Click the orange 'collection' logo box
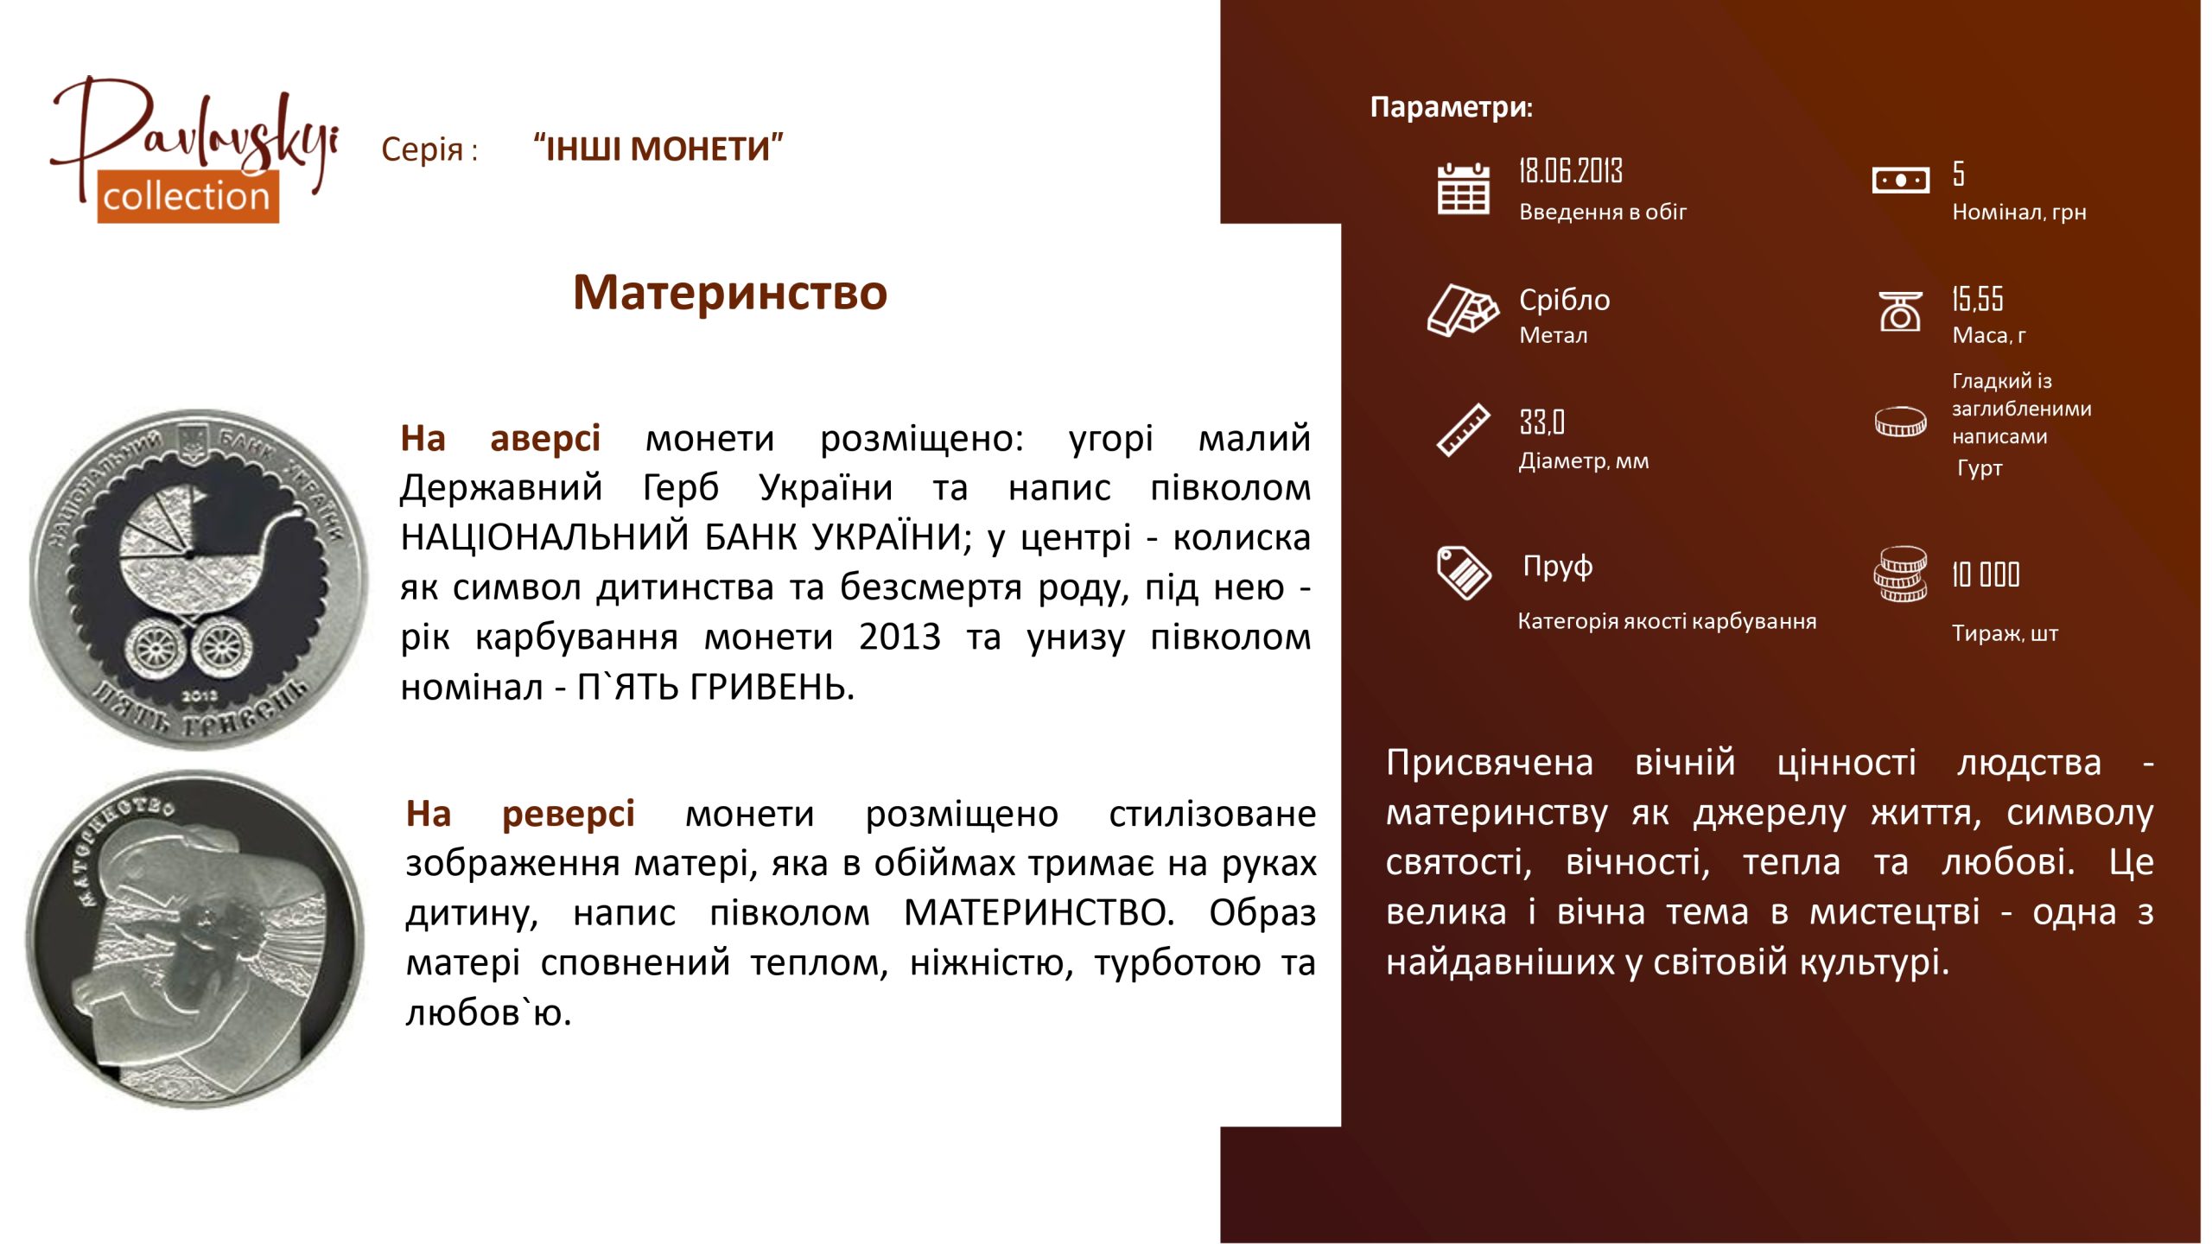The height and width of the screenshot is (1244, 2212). (x=188, y=197)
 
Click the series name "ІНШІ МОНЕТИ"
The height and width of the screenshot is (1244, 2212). (x=658, y=149)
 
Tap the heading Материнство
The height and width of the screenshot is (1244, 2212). (x=730, y=292)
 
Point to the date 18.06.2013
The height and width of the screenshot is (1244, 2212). (x=1571, y=171)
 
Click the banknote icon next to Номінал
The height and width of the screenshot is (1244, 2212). (x=1900, y=180)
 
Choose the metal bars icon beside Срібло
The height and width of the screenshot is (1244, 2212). (x=1463, y=309)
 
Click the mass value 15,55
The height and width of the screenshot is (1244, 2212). (x=1977, y=299)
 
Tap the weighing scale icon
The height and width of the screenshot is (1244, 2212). (x=1900, y=311)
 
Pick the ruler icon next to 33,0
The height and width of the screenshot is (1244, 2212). (x=1463, y=429)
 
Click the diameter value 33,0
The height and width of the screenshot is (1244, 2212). (x=1542, y=422)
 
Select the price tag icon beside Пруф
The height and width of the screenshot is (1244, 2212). (x=1464, y=572)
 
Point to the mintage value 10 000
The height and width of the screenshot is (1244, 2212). (x=1986, y=574)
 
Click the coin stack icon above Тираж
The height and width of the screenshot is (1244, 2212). (x=1900, y=574)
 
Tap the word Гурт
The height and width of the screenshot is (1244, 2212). (x=1979, y=468)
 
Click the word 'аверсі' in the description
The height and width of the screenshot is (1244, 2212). (x=544, y=439)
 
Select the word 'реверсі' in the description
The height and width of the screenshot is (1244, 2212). (x=569, y=815)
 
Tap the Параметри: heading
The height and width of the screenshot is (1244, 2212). (x=1452, y=107)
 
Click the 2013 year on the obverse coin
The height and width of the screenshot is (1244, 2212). (x=200, y=695)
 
